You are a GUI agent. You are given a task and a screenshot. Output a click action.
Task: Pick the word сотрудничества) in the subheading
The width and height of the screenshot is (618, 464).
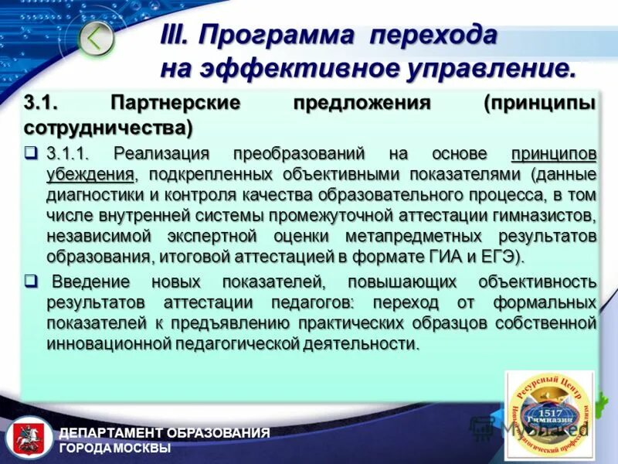click(x=108, y=125)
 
